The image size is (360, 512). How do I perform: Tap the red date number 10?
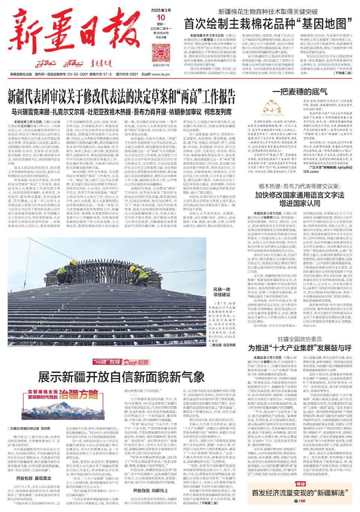pyautogui.click(x=161, y=17)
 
